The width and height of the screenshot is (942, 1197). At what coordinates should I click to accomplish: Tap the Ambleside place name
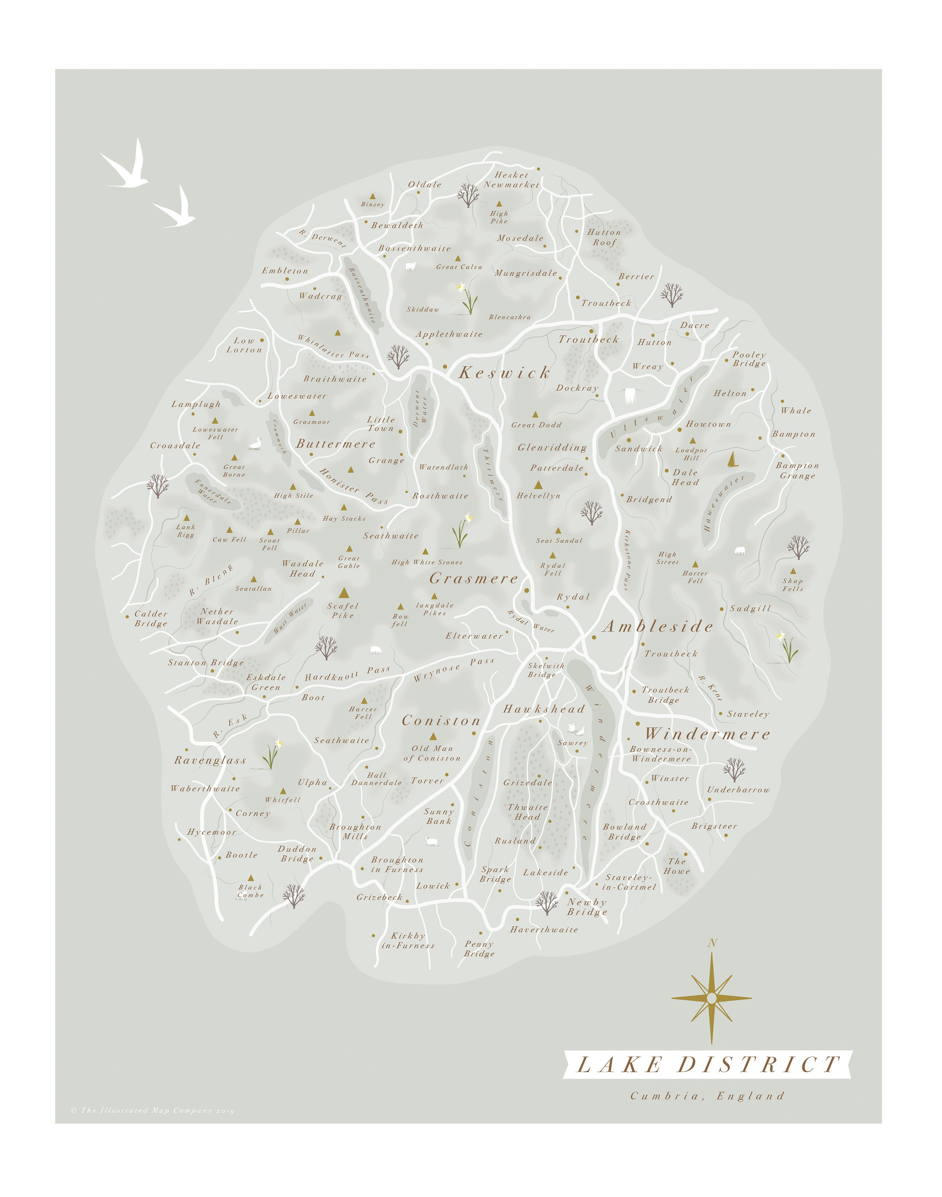tap(657, 626)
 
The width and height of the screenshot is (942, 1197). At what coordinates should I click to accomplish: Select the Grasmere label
tap(474, 579)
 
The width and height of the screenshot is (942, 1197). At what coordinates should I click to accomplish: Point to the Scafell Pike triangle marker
tap(344, 593)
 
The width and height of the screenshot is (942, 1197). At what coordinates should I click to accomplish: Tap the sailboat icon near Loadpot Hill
tap(732, 459)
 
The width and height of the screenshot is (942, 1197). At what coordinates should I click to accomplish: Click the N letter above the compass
tap(712, 943)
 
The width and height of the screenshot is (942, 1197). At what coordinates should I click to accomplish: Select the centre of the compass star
tap(712, 998)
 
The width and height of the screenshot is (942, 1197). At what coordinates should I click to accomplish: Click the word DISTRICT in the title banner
tap(759, 1065)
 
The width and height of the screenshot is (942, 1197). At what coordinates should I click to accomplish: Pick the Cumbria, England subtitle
tap(708, 1096)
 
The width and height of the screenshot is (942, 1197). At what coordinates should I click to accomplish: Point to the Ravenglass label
tap(210, 760)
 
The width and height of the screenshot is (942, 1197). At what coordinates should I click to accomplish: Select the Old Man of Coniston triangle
tap(433, 736)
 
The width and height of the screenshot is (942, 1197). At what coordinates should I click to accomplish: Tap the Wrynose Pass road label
tap(453, 670)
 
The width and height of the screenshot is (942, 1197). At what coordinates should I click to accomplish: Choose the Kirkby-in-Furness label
tap(408, 940)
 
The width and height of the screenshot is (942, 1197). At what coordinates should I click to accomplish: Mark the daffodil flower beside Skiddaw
tap(467, 298)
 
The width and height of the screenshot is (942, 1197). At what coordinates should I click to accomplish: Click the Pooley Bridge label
tap(749, 359)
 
